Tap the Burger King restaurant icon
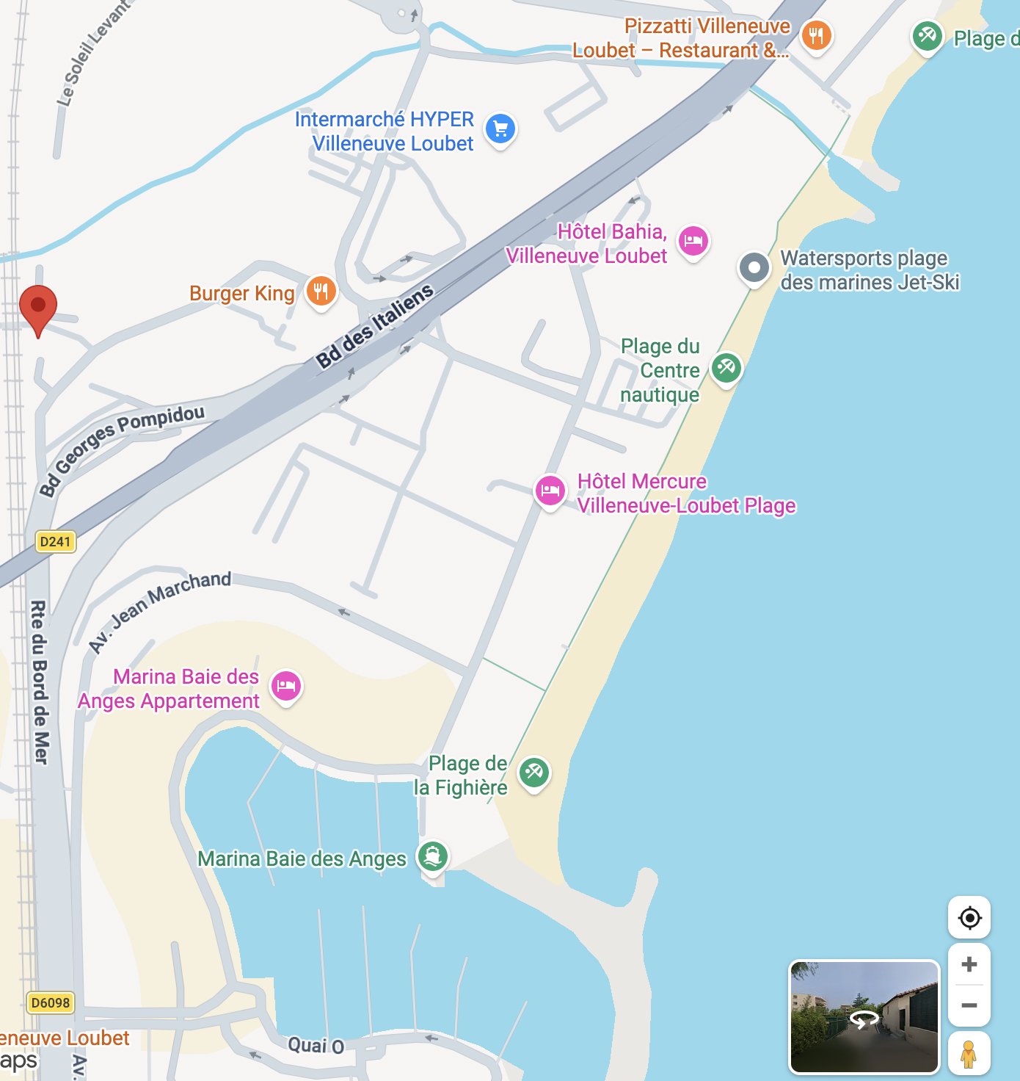click(x=321, y=292)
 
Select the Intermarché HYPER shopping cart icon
click(x=501, y=129)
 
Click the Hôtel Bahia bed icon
click(x=693, y=241)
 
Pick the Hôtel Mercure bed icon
click(x=550, y=491)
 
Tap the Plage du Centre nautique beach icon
click(x=726, y=367)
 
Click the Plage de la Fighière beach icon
click(x=534, y=772)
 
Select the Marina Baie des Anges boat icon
click(x=433, y=856)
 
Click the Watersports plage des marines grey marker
click(x=754, y=267)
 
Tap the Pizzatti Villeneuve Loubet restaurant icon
click(x=816, y=35)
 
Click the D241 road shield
click(x=55, y=542)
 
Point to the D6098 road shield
click(x=51, y=1002)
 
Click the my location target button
click(x=969, y=917)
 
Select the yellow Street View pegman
click(x=969, y=1054)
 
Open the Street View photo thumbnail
click(x=864, y=1016)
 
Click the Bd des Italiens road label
click(x=374, y=327)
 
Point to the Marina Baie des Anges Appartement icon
click(x=286, y=685)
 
